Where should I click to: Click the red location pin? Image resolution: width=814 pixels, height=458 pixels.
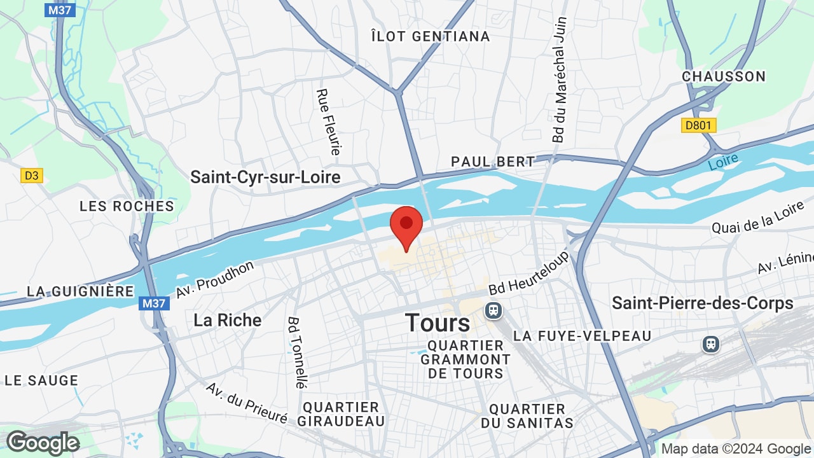click(x=406, y=225)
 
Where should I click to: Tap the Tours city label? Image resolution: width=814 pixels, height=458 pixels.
click(x=438, y=323)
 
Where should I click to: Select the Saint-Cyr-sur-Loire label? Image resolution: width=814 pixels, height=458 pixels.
click(x=265, y=177)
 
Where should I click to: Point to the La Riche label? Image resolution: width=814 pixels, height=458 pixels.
click(x=227, y=319)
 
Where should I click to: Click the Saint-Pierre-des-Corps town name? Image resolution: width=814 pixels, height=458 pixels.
click(x=702, y=303)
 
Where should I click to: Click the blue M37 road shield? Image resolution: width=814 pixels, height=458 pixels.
click(x=155, y=303)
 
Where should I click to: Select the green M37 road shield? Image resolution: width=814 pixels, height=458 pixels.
click(x=60, y=10)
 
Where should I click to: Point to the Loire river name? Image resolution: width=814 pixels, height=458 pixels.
click(x=724, y=160)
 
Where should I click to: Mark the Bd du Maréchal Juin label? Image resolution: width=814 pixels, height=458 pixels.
click(x=559, y=79)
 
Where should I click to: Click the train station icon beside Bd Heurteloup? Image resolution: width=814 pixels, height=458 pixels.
click(x=492, y=310)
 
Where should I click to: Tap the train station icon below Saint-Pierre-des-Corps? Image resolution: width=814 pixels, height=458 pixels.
click(x=710, y=344)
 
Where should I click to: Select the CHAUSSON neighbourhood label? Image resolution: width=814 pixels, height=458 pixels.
click(x=724, y=76)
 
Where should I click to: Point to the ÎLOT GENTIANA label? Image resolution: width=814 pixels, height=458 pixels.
click(x=431, y=36)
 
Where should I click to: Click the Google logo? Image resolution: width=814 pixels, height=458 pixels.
click(x=43, y=443)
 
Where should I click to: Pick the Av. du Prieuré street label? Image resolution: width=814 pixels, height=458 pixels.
click(x=246, y=403)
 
